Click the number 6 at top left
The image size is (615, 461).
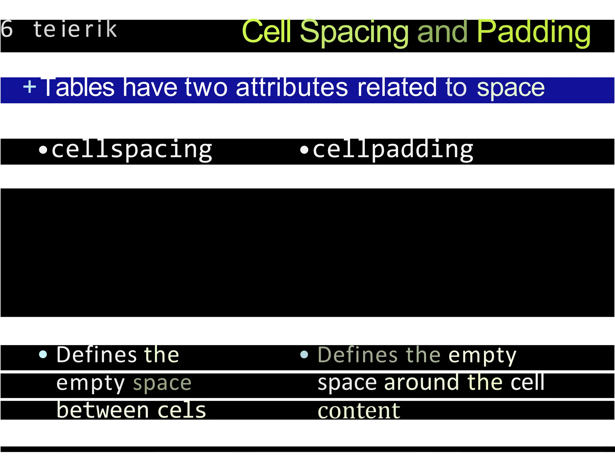7,29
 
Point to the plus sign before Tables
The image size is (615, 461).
29,87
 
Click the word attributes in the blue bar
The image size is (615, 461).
292,88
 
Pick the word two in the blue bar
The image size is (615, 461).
206,88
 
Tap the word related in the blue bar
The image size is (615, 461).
397,88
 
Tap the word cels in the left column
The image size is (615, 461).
181,410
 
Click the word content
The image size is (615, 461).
359,411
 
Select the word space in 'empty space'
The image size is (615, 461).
162,384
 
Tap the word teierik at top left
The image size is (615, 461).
75,29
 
